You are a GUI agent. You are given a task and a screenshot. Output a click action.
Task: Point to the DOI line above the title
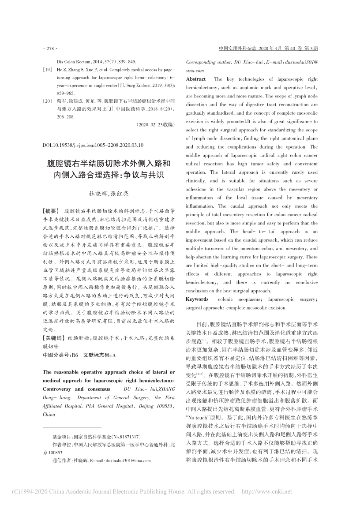coord(93,144)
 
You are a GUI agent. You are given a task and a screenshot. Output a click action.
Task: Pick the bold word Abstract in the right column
coord(196,79)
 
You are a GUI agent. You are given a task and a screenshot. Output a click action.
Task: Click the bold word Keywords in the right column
coord(197,299)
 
